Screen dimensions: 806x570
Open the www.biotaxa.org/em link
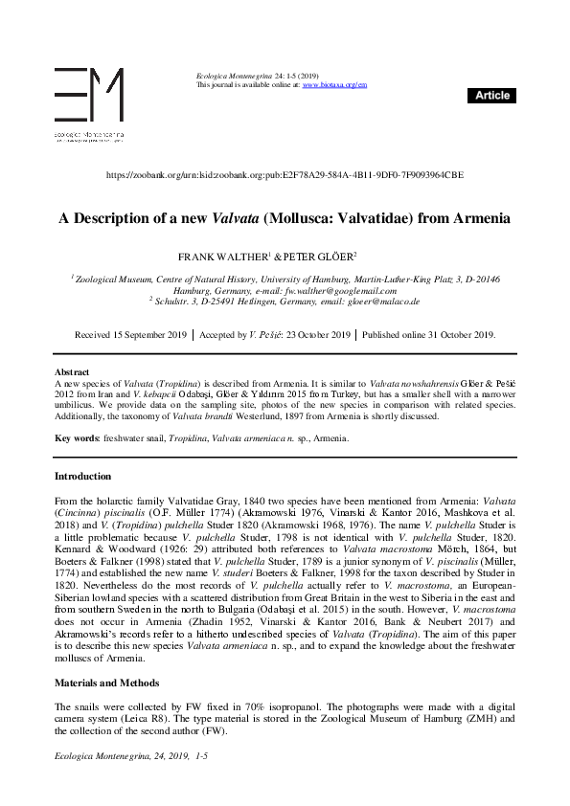tap(334, 85)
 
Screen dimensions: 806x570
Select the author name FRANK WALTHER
tap(222, 257)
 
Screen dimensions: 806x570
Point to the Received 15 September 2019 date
tap(132, 335)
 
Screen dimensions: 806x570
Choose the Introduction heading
tap(82, 476)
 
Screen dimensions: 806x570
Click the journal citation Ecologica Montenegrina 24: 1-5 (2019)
tap(258, 76)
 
